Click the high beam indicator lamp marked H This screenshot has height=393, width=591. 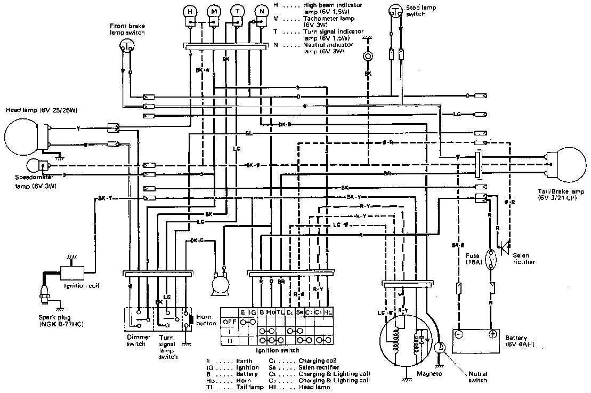pyautogui.click(x=190, y=11)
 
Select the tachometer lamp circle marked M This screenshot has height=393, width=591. pyautogui.click(x=214, y=11)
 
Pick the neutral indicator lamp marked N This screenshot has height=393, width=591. pyautogui.click(x=261, y=11)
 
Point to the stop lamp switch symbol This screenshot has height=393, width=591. pyautogui.click(x=395, y=10)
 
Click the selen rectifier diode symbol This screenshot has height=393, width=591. pyautogui.click(x=502, y=246)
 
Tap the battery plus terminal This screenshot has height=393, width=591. pyautogui.click(x=493, y=334)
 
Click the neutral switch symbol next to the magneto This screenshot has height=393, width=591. pyautogui.click(x=440, y=348)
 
